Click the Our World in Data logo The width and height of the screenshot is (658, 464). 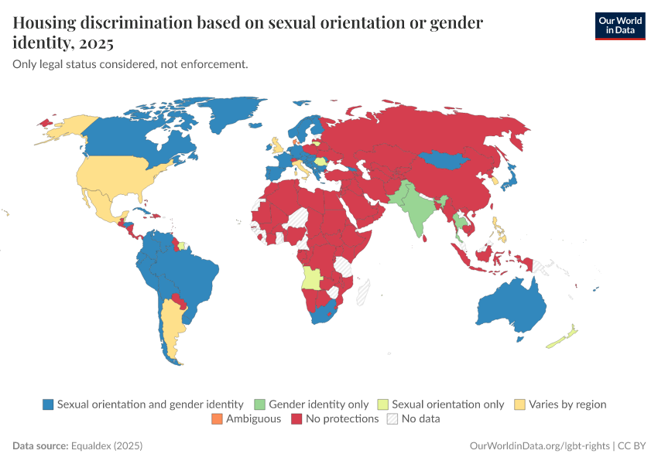point(619,26)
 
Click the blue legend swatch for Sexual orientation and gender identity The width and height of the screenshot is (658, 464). point(48,404)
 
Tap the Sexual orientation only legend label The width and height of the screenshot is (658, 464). point(447,404)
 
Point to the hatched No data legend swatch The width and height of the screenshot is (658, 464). point(392,419)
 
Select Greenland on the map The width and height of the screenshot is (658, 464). point(232,116)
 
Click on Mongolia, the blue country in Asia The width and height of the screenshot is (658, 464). point(444,161)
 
